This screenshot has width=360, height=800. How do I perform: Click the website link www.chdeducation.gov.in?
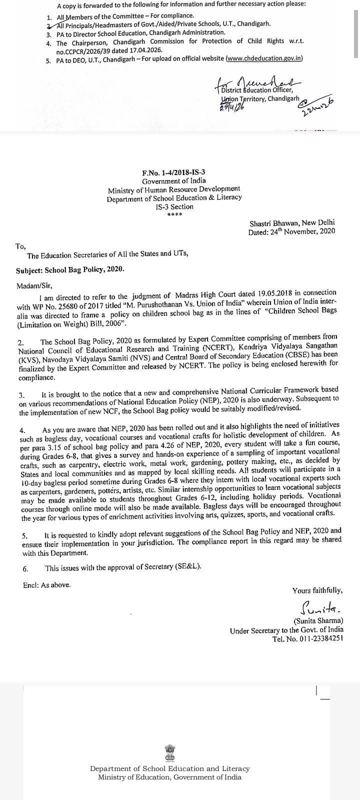point(264,58)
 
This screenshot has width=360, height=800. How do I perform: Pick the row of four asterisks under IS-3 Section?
point(174,215)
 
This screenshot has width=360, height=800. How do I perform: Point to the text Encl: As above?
point(46,584)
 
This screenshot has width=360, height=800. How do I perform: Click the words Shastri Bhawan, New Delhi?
point(292,223)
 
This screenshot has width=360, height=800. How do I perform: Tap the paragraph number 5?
point(24,536)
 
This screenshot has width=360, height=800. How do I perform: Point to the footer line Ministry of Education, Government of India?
point(169,777)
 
